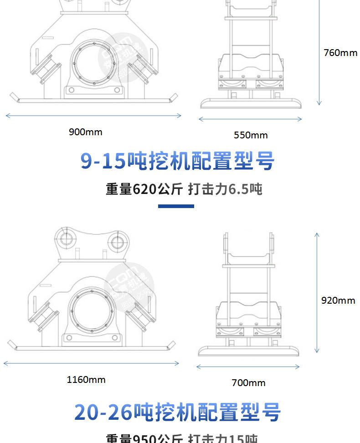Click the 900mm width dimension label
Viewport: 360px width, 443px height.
[86, 132]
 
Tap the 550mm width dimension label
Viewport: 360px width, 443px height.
[251, 135]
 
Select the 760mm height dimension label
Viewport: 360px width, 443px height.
[340, 53]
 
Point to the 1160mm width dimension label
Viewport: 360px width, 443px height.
[86, 379]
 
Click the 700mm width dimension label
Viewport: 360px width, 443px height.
[248, 383]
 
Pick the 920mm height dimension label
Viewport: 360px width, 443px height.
[338, 300]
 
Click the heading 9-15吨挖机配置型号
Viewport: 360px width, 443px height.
[178, 162]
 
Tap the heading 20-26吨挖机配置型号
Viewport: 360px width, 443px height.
[178, 412]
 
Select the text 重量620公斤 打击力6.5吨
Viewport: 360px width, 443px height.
[184, 189]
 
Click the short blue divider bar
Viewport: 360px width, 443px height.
[176, 206]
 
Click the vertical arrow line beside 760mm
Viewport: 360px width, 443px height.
[319, 52]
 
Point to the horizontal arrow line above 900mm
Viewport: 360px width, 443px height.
[93, 116]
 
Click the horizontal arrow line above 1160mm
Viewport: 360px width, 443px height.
[91, 363]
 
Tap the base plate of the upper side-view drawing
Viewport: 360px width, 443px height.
[251, 103]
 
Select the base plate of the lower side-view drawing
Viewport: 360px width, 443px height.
[249, 351]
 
